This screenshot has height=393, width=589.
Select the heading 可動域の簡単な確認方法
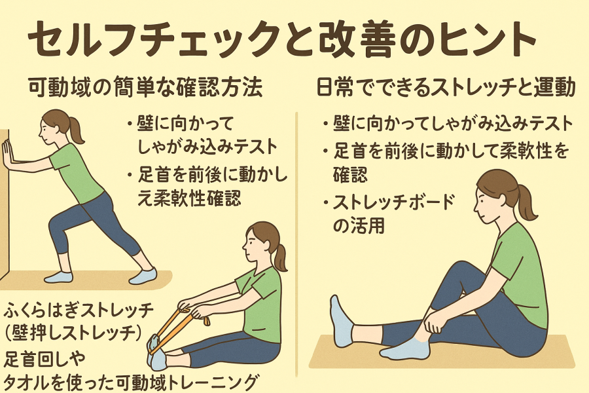coord(145,88)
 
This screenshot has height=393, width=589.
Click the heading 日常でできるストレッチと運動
coord(446,88)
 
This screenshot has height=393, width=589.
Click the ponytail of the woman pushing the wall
coord(77,129)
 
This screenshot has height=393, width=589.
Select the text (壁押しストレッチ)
coord(74,333)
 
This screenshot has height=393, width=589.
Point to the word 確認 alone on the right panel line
coord(351,174)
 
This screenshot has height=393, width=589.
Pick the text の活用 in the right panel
coord(359,225)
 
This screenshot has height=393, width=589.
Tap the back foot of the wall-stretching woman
coord(143,276)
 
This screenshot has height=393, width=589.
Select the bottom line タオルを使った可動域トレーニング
coord(132,382)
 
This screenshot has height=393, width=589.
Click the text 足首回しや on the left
coord(45,359)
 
